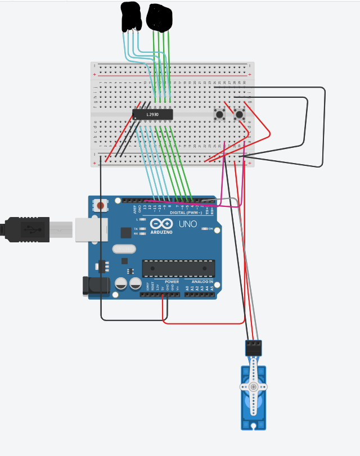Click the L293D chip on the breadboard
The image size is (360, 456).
(152, 114)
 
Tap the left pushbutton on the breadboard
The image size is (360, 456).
(219, 115)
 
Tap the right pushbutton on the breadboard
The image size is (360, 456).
(240, 115)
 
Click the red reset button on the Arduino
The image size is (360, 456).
(101, 206)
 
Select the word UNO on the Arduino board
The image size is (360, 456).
(188, 224)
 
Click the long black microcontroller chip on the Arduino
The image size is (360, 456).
(178, 268)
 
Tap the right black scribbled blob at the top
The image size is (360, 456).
(159, 17)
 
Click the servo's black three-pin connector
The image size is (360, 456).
(254, 348)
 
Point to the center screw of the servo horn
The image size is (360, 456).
(254, 387)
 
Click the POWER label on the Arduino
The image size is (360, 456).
(172, 282)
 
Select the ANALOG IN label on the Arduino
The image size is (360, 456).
(202, 282)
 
